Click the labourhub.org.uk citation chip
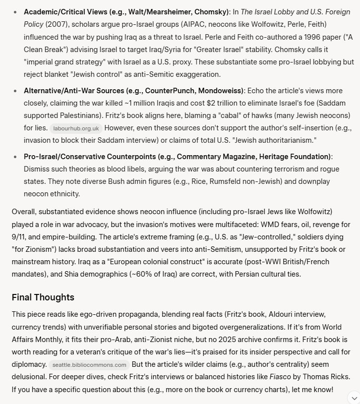click(x=75, y=128)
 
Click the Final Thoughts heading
click(x=43, y=297)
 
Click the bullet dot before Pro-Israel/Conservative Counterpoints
click(x=15, y=157)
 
